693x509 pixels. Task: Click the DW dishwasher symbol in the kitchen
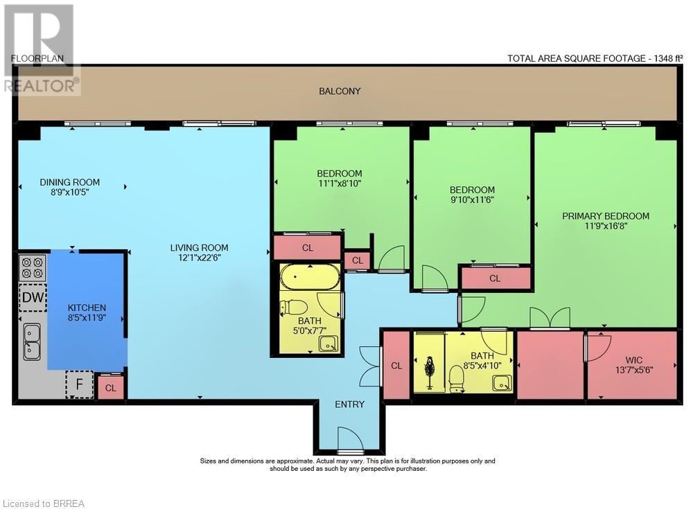pos(33,297)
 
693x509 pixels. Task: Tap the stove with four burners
pos(33,268)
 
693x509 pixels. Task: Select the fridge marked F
pos(79,384)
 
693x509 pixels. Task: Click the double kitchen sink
pos(33,341)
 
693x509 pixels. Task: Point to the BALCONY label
pos(340,91)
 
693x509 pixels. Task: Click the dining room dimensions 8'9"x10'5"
pos(70,193)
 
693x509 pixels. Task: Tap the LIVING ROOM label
pos(200,248)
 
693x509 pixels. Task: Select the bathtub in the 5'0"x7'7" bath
pos(310,277)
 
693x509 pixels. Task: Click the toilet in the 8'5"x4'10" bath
pos(456,379)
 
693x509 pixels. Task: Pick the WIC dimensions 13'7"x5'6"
pos(634,370)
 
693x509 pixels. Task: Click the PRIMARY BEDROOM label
pos(606,216)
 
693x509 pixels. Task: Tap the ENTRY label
pos(349,404)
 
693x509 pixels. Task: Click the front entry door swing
pos(351,439)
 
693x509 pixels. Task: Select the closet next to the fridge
pos(110,388)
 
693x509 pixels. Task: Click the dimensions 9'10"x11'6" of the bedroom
pos(472,199)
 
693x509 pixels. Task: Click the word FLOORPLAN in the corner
pos(37,58)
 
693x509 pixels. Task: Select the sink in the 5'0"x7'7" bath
pos(329,343)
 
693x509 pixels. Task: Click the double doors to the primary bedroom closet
pos(550,318)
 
